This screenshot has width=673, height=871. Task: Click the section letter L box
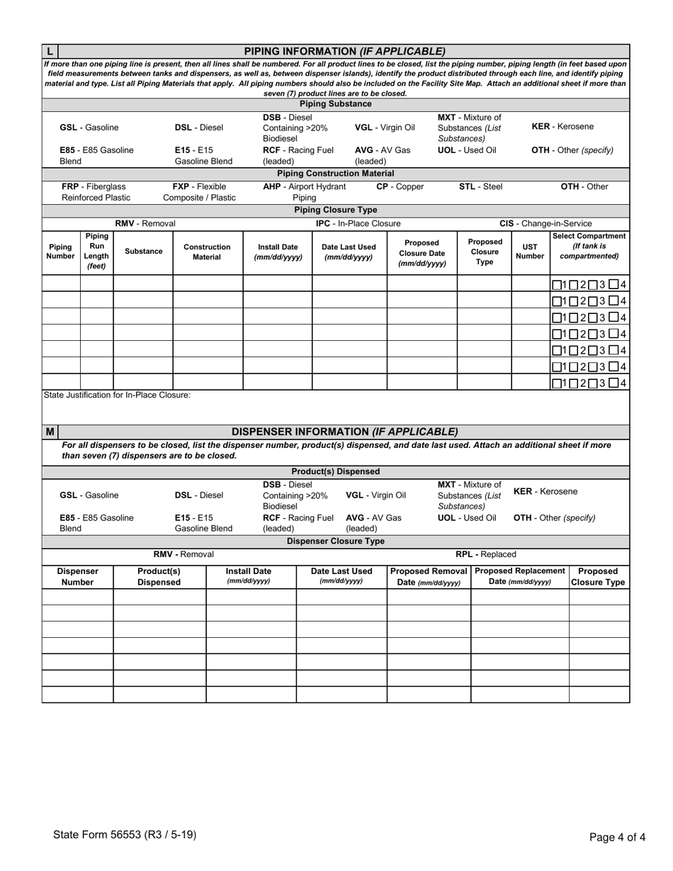tap(50, 51)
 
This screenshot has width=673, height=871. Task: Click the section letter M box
tap(50, 432)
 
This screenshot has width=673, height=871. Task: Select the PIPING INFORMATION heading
tap(344, 51)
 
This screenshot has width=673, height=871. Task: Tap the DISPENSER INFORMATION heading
tap(344, 432)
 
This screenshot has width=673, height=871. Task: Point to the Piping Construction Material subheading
tap(336, 173)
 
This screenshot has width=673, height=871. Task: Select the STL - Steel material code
tap(481, 187)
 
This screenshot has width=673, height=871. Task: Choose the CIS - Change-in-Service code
tap(545, 223)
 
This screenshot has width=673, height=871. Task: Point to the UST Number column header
tap(531, 252)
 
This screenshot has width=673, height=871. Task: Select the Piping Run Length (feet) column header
tap(96, 251)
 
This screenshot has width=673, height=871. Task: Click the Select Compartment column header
tap(590, 246)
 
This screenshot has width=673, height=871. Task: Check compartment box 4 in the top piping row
tap(613, 285)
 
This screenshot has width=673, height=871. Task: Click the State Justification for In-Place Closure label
tap(117, 395)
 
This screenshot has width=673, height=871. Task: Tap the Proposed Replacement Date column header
tap(519, 576)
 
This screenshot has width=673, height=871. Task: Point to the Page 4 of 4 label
tap(617, 837)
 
